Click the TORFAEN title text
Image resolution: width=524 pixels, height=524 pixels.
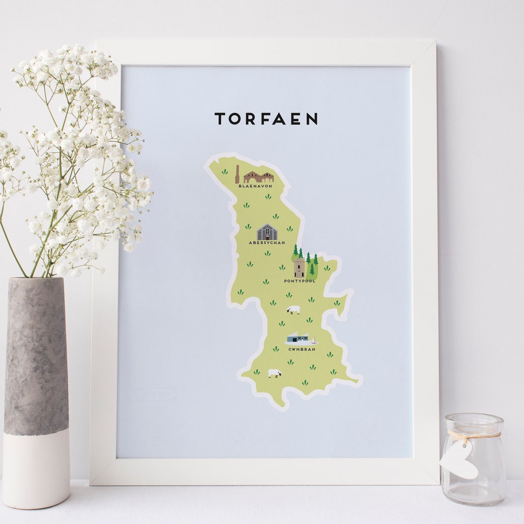point(266,119)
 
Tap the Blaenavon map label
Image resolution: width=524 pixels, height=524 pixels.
point(255,186)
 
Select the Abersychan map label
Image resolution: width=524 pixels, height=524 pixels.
point(266,243)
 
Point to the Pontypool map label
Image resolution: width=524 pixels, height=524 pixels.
point(299,281)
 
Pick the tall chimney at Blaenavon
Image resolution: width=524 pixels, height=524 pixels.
point(237,174)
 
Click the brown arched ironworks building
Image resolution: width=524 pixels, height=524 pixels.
point(259,178)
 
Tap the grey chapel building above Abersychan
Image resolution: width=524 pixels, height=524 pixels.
point(267,232)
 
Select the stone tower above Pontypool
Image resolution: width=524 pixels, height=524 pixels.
point(299,267)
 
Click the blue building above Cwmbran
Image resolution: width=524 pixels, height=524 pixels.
point(297,338)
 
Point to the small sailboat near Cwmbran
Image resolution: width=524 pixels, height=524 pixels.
point(313,340)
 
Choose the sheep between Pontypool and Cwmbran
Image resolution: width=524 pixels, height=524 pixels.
point(294,310)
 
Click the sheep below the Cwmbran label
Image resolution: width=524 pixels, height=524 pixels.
point(275,373)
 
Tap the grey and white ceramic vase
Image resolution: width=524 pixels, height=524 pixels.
point(36,388)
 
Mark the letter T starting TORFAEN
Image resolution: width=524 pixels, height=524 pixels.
point(220,119)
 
